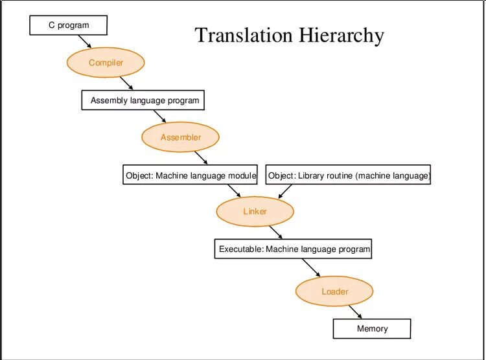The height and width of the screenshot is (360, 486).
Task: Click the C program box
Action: [x=68, y=25]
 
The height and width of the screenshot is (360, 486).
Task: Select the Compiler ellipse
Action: [x=106, y=63]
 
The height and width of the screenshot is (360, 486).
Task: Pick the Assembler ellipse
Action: [x=181, y=137]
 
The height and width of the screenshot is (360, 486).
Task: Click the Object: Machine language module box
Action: [x=191, y=175]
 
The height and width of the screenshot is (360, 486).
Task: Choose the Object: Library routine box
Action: [x=349, y=175]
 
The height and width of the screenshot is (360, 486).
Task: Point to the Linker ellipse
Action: [x=255, y=212]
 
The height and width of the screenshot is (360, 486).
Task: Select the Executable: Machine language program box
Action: [x=294, y=249]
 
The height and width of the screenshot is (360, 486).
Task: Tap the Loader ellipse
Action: [x=334, y=291]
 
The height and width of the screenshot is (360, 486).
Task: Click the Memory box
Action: [x=372, y=328]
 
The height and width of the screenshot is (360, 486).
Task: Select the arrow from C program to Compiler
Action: [x=84, y=41]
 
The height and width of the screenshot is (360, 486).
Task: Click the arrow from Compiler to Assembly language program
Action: [x=127, y=83]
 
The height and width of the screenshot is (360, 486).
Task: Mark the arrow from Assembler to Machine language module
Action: [x=201, y=158]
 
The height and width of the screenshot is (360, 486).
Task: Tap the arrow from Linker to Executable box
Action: [x=275, y=232]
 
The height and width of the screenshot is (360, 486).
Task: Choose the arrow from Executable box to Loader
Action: [x=311, y=267]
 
